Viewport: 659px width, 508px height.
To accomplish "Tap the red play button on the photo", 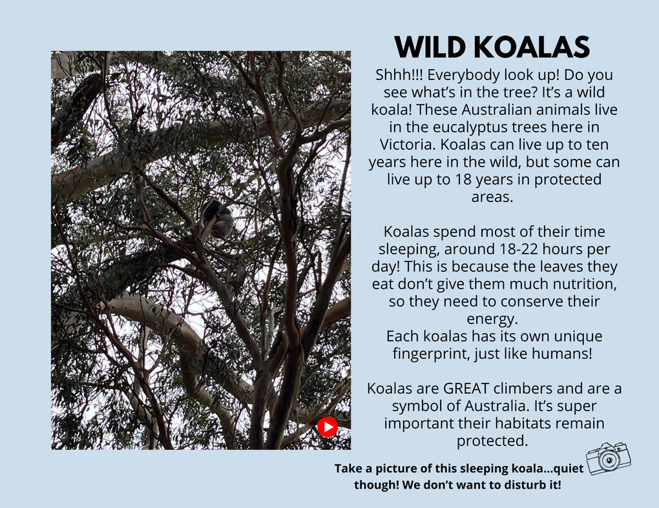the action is coord(328,427).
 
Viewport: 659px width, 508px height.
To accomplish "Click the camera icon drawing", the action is coord(609,458).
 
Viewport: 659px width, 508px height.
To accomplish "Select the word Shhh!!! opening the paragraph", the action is coord(400,75).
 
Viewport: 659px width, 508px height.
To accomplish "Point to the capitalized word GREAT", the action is coord(466,389).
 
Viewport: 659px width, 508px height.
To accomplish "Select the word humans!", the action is coord(562,354).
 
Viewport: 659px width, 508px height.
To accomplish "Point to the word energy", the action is coord(492,320).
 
